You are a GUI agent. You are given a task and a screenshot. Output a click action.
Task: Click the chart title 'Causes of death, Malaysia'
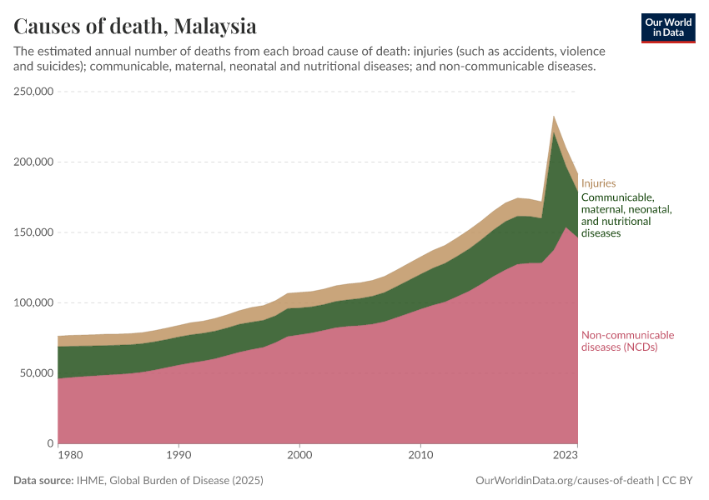click(x=135, y=25)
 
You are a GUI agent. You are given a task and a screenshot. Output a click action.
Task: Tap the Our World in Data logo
click(x=668, y=27)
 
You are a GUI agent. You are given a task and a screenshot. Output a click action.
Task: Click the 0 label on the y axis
click(x=51, y=443)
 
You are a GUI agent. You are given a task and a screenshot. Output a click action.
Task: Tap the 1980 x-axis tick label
click(x=70, y=456)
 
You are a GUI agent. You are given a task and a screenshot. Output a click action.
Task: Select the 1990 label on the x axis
click(x=178, y=456)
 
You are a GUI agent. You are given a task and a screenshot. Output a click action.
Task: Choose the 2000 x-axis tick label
click(x=299, y=456)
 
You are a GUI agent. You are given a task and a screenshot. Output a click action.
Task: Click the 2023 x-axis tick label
click(x=565, y=456)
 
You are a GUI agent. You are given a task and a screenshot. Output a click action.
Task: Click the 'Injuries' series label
click(x=598, y=183)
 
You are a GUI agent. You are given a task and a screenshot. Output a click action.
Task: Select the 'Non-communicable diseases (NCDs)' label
click(x=627, y=342)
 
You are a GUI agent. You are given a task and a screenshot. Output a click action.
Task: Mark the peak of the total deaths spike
click(x=553, y=117)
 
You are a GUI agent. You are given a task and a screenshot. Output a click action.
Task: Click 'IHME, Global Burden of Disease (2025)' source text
click(x=169, y=481)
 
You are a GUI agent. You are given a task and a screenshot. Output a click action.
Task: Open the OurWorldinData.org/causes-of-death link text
click(x=564, y=481)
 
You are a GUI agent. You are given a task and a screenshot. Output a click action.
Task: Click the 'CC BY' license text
click(x=679, y=481)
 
